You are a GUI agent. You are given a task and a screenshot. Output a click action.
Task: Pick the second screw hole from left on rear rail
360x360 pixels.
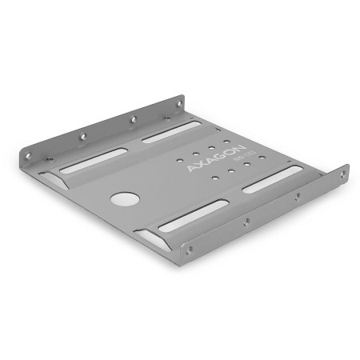[x=82, y=136]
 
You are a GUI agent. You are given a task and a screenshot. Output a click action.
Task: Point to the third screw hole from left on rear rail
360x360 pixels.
[x=133, y=118]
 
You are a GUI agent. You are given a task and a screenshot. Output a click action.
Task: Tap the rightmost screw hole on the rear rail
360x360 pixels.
[x=178, y=103]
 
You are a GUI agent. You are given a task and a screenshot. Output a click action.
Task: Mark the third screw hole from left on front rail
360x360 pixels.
[x=298, y=197]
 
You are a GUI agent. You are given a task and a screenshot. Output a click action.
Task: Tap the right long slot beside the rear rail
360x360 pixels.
[x=170, y=131]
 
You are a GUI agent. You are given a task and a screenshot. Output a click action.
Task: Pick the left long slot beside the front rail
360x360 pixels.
[x=193, y=216]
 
